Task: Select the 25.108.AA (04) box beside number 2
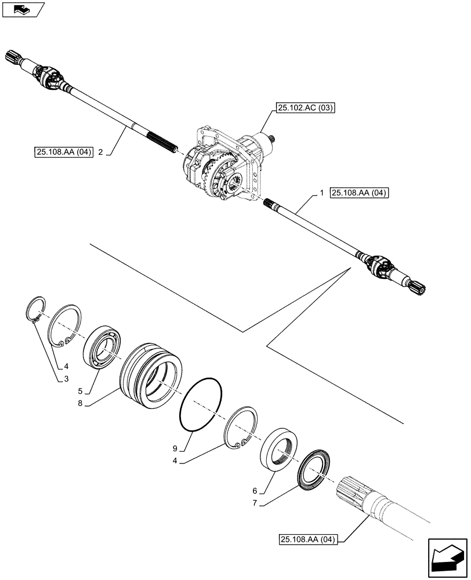[x=64, y=153]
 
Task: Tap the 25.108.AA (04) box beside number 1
[x=359, y=194]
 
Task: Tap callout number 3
[x=67, y=379]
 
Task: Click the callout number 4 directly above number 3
[x=67, y=366]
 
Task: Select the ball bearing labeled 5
[x=103, y=346]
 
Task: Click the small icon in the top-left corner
[x=23, y=10]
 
